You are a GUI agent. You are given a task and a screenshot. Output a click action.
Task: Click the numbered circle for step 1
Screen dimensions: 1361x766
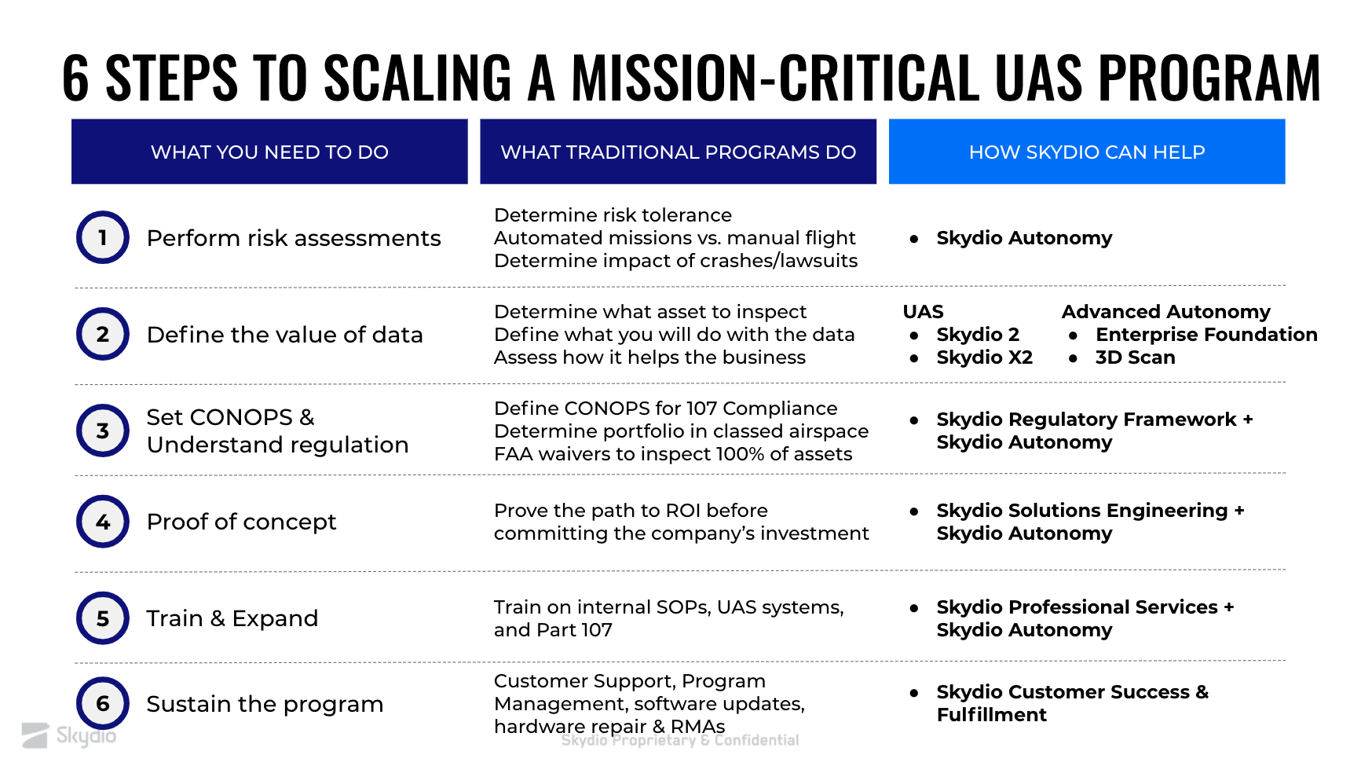point(103,237)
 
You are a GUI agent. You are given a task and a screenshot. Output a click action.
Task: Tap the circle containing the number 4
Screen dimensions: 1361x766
point(103,522)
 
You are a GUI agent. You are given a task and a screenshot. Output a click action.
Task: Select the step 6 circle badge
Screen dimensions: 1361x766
point(103,703)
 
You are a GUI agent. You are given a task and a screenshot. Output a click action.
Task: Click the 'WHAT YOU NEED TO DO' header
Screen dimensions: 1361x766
point(269,152)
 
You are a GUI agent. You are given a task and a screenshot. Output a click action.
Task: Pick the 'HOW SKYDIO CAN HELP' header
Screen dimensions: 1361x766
point(1087,152)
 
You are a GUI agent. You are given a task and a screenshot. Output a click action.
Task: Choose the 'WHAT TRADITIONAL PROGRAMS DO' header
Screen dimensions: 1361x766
point(678,152)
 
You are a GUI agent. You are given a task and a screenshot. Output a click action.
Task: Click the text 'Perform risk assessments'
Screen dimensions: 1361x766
point(294,238)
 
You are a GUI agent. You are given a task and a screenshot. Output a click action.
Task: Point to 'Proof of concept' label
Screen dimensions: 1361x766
point(241,522)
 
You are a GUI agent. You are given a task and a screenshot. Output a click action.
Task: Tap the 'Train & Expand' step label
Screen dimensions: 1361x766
point(232,618)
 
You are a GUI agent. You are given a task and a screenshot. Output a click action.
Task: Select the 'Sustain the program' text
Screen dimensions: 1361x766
point(265,704)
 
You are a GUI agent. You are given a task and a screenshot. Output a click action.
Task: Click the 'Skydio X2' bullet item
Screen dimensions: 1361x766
point(985,357)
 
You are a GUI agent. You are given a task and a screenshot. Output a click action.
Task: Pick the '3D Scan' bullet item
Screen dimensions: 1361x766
point(1136,357)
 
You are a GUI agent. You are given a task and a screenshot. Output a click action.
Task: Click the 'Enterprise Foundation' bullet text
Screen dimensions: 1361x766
point(1206,335)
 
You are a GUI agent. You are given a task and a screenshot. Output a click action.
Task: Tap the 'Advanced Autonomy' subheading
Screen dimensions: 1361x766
point(1166,312)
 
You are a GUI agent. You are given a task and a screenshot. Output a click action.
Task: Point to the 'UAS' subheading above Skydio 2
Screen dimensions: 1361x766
point(924,312)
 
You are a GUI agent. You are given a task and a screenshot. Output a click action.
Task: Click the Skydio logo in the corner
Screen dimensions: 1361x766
point(69,735)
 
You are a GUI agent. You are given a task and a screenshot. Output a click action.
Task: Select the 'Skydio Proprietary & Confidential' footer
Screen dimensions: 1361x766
point(680,740)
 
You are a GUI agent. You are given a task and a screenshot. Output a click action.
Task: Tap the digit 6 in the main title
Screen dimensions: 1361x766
point(75,78)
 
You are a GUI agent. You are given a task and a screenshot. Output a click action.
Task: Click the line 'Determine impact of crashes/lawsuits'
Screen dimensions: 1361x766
point(675,261)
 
